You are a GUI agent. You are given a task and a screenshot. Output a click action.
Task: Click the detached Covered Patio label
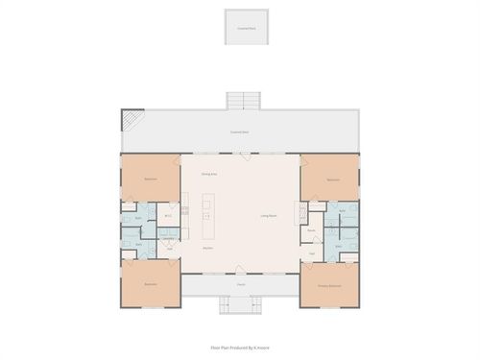[246, 29]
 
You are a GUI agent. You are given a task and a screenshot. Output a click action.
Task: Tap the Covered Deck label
[239, 132]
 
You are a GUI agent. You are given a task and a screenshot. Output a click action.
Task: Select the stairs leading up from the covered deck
[243, 100]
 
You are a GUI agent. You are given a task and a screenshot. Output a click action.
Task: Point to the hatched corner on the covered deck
[131, 120]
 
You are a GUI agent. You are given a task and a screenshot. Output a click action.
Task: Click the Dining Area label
[207, 174]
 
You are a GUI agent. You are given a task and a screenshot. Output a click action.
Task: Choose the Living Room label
[269, 215]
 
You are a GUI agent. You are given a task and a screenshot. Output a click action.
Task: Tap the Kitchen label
[207, 248]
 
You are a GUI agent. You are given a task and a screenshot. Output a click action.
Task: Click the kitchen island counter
[209, 218]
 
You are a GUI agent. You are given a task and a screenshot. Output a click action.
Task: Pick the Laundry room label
[167, 238]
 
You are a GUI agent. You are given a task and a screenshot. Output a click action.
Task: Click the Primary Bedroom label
[330, 285]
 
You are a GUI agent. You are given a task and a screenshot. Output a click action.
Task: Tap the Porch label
[241, 285]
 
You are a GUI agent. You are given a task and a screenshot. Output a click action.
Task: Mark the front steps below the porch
[241, 305]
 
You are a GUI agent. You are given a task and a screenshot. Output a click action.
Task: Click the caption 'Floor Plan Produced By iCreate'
[239, 348]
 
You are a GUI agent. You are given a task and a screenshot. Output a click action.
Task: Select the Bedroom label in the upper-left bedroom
[151, 179]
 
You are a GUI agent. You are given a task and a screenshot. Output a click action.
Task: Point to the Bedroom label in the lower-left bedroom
[151, 285]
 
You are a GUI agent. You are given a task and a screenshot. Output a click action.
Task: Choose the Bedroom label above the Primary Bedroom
[333, 179]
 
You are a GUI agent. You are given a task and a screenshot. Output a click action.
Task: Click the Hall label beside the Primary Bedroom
[312, 253]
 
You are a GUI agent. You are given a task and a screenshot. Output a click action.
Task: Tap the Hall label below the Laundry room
[169, 249]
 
